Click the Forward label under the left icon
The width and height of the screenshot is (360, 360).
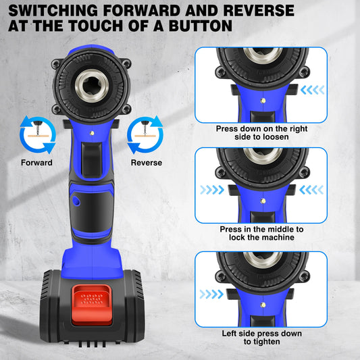pos(36,162)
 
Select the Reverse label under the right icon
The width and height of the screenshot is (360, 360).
pos(147,162)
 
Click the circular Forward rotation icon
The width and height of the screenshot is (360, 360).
pos(36,133)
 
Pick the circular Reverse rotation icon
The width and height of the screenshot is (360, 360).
pos(147,133)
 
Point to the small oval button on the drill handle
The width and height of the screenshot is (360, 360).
pos(76,201)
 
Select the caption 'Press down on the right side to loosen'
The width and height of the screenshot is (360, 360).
pos(261,132)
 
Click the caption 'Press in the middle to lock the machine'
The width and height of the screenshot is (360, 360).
pos(261,234)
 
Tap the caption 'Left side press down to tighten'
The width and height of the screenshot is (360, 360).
pos(261,338)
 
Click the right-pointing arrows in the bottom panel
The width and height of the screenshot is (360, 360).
pos(213,294)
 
